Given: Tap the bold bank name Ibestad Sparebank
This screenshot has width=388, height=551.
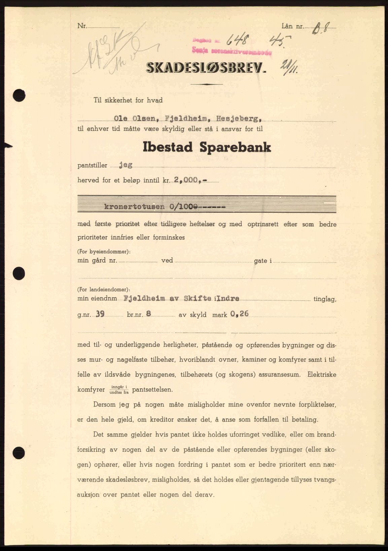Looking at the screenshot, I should point(207,148).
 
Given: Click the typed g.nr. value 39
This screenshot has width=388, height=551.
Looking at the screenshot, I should point(100,314).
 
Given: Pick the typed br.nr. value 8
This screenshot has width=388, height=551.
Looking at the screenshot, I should point(148,314).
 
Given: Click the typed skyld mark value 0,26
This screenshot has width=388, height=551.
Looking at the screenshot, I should point(240,314).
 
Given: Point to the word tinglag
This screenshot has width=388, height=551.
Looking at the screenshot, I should point(324,299).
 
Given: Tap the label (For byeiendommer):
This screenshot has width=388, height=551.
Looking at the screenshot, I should point(104,252).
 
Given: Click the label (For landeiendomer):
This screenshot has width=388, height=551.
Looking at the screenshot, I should point(103,289).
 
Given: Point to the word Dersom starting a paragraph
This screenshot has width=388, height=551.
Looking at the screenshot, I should point(104,404).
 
